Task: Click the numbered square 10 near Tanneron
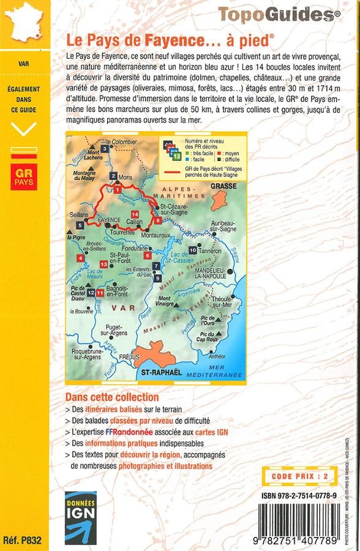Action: [x=193, y=250]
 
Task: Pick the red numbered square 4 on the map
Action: [x=80, y=258]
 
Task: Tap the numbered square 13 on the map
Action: [x=103, y=264]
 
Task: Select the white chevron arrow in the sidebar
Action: [x=24, y=129]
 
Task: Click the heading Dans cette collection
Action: [x=112, y=397]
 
